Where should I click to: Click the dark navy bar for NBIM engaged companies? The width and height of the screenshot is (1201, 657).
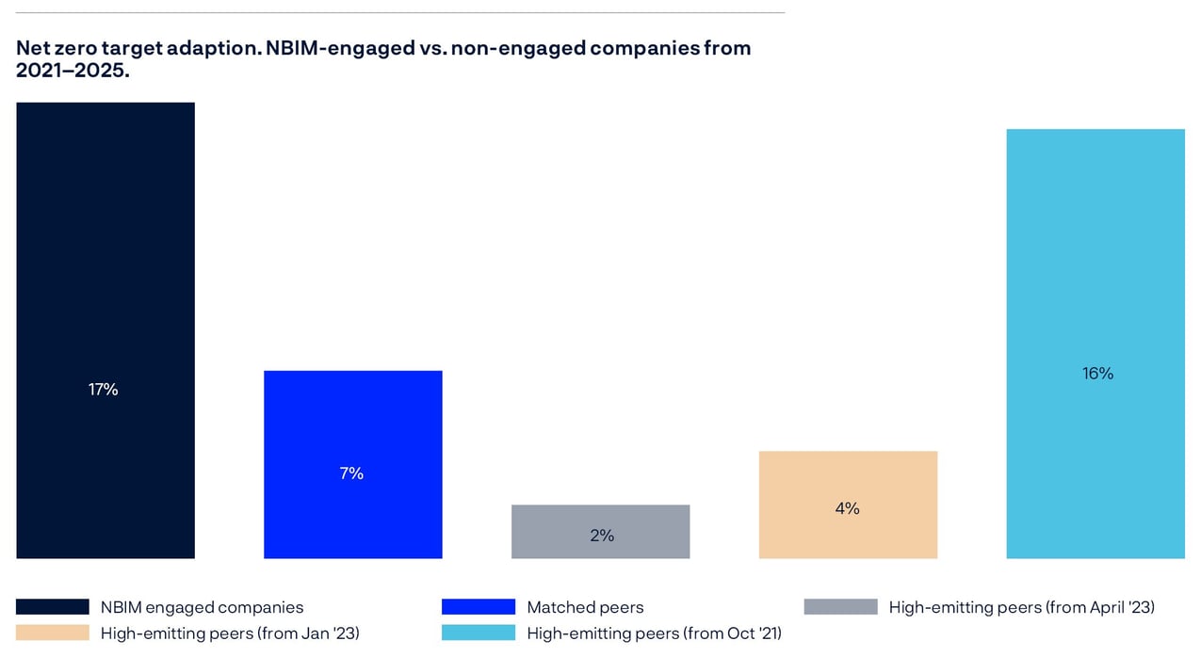[105, 282]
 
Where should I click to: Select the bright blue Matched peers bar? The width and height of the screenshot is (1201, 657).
[352, 424]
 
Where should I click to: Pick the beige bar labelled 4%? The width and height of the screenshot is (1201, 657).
[848, 480]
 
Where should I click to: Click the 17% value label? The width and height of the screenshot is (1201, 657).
[104, 389]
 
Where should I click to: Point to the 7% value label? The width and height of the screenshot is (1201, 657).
[351, 473]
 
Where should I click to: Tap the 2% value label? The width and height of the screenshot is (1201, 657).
[602, 536]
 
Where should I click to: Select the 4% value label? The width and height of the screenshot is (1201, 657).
[847, 508]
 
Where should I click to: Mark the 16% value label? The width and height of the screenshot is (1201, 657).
[1097, 374]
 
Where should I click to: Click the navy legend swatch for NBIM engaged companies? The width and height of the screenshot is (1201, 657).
[53, 607]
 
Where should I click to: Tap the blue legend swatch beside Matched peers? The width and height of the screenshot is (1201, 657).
[479, 607]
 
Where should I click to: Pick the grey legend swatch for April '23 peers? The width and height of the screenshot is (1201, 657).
[840, 607]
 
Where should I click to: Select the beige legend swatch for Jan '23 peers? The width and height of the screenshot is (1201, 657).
[53, 633]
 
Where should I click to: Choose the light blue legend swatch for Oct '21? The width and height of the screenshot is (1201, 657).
[479, 633]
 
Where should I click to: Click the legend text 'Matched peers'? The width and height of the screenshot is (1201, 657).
[585, 607]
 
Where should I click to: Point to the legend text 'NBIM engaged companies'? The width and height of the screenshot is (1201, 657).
[202, 607]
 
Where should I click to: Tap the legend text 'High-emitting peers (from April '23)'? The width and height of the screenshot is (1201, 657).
[1021, 607]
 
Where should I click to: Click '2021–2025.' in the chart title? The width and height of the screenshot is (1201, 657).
[73, 71]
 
